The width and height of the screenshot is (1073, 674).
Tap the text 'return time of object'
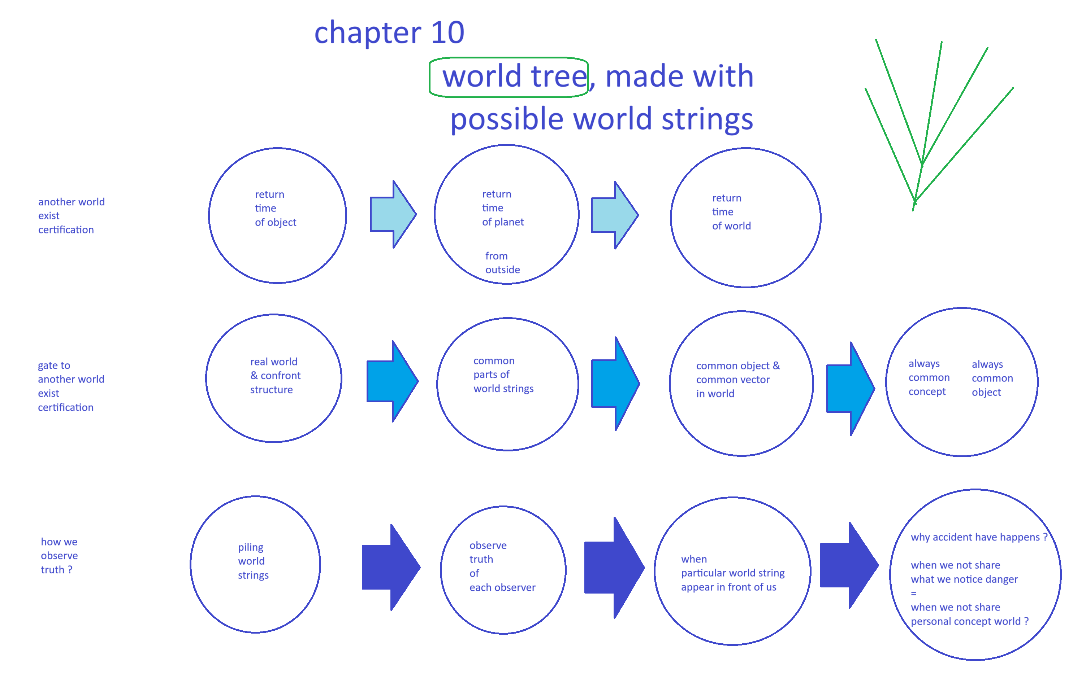[275, 208]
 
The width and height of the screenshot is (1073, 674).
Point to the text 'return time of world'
[731, 212]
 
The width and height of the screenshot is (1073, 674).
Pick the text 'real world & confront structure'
[275, 376]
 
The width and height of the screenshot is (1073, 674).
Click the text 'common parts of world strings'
[503, 375]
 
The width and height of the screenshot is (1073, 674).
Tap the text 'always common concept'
[929, 378]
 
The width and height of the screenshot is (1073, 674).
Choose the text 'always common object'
[992, 378]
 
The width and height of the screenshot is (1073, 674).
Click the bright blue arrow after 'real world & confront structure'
[392, 381]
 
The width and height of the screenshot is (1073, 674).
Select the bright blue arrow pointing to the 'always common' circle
[850, 389]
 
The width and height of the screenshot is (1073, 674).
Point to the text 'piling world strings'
[253, 561]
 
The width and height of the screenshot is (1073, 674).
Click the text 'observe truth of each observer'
[502, 566]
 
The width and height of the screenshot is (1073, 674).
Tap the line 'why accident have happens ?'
[978, 537]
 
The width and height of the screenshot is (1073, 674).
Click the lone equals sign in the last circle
[913, 594]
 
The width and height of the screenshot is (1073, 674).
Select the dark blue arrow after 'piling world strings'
[391, 567]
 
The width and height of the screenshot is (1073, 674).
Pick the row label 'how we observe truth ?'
[59, 556]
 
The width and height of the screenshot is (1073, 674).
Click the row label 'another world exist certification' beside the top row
[71, 216]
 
